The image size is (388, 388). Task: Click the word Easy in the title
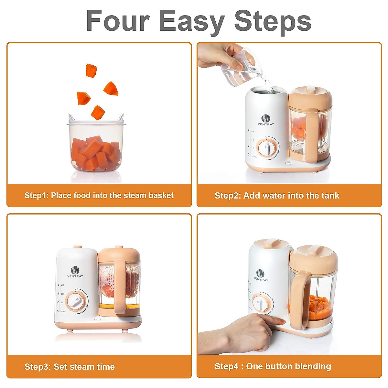191,21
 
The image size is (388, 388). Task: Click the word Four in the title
118,21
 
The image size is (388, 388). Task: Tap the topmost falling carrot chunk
91,70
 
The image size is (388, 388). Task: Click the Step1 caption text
99,196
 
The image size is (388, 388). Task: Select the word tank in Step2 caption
330,196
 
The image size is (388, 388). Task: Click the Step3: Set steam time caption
70,367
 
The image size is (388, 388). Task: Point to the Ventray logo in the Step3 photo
75,272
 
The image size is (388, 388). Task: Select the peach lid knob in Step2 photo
311,88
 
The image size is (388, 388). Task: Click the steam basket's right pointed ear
121,116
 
